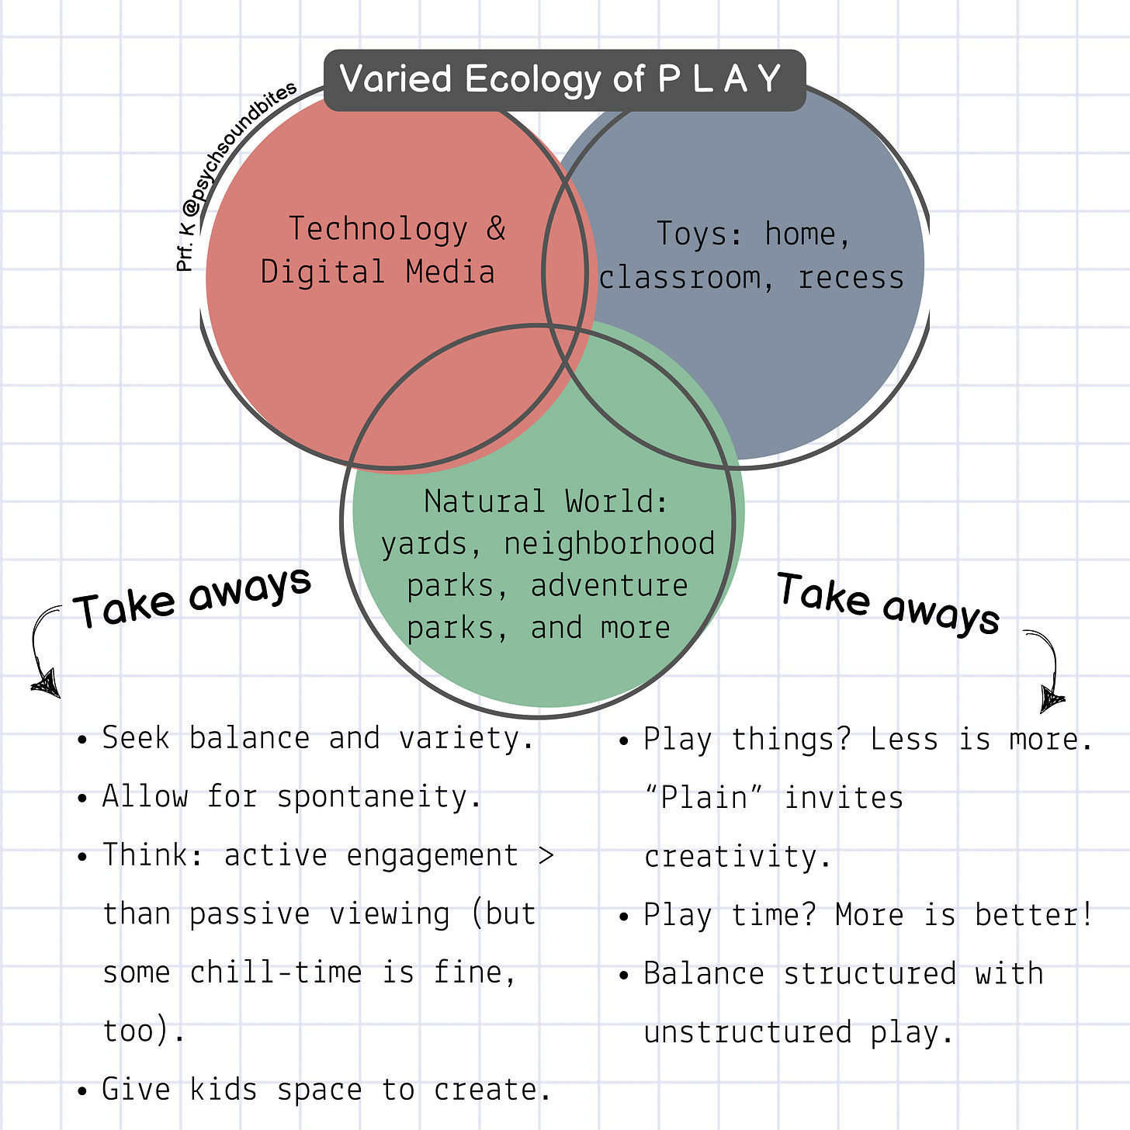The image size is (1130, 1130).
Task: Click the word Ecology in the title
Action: pyautogui.click(x=533, y=79)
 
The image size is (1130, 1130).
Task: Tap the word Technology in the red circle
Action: pyautogui.click(x=378, y=229)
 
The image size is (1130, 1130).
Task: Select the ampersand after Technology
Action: pyautogui.click(x=496, y=229)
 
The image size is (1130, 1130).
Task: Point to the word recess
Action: pyautogui.click(x=851, y=278)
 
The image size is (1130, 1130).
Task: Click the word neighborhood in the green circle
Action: pyautogui.click(x=609, y=543)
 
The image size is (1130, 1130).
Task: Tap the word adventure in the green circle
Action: pyautogui.click(x=609, y=585)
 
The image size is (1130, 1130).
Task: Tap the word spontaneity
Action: pyautogui.click(x=379, y=797)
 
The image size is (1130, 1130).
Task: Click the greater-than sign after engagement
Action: pyautogui.click(x=546, y=855)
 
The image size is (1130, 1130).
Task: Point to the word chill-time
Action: pyautogui.click(x=276, y=972)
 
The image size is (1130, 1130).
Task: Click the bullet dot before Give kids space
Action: pyautogui.click(x=83, y=1090)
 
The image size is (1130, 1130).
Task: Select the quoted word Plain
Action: pyautogui.click(x=704, y=798)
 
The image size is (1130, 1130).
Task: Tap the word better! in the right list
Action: pyautogui.click(x=1035, y=915)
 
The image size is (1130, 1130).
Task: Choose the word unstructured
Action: pyautogui.click(x=748, y=1032)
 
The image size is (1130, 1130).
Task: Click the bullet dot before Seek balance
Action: pyautogui.click(x=83, y=739)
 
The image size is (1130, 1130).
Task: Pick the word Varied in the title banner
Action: pyautogui.click(x=396, y=79)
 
